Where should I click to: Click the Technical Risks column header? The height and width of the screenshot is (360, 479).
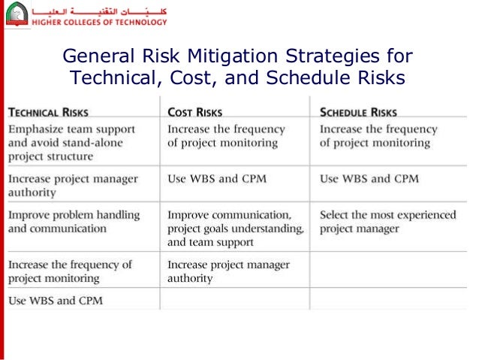coord(48,113)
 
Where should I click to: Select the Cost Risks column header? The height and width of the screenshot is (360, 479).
coord(194,113)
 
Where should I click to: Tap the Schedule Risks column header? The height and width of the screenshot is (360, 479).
coord(358,113)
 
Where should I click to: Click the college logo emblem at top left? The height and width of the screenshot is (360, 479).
coord(16,14)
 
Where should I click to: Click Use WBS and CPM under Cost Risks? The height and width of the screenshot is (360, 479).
coord(216,179)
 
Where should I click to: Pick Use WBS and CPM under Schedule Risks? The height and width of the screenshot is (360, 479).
coord(369,179)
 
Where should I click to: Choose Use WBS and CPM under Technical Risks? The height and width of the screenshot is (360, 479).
coord(56,300)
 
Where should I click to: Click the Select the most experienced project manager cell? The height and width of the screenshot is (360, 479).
coord(387,222)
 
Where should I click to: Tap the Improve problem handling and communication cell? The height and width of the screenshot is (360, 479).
coord(74,222)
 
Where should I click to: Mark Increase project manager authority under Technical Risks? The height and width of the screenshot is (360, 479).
coord(73,186)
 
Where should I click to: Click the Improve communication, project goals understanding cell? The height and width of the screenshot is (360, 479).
coord(235,228)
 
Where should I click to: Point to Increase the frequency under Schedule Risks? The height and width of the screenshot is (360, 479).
coord(378,136)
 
